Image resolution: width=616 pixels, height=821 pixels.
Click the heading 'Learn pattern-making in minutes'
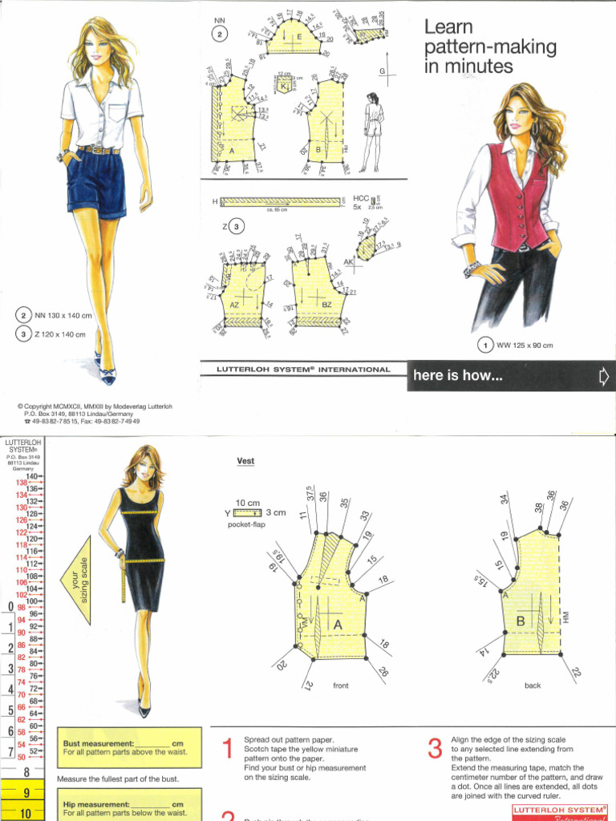[489, 47]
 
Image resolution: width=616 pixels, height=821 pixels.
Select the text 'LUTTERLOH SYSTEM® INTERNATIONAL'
[304, 370]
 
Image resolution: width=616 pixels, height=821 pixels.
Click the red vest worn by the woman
[518, 193]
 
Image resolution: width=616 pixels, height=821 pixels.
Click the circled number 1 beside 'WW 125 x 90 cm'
[484, 346]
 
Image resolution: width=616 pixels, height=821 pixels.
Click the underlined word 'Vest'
[245, 461]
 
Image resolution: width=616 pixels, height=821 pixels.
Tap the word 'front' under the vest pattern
[341, 686]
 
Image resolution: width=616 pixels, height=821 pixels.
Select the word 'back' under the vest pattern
[533, 686]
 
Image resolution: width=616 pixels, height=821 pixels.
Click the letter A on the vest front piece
[338, 624]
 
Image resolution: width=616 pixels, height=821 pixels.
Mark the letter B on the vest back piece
[520, 621]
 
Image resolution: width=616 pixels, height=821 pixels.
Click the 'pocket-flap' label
[245, 524]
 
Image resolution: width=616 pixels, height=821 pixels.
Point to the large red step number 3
[435, 749]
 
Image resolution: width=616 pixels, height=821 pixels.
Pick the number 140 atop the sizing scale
[32, 476]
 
